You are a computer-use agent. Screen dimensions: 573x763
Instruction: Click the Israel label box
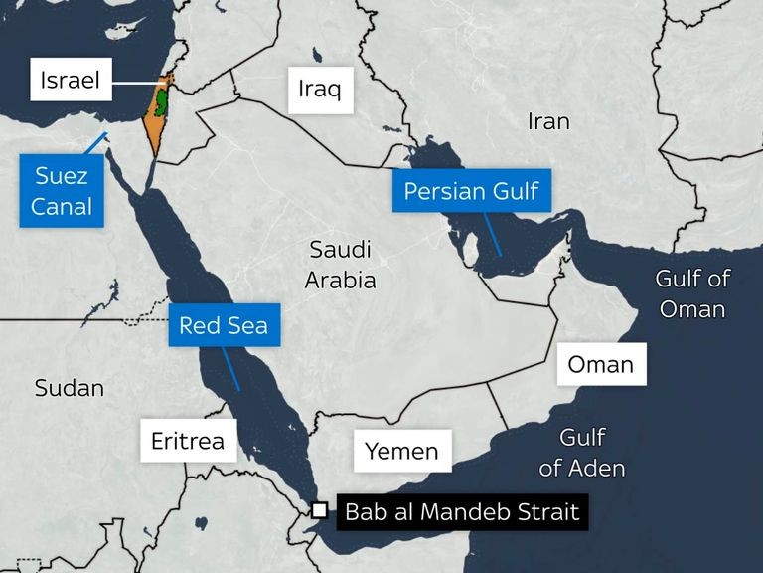tap(71, 79)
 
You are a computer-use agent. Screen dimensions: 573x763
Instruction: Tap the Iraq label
tap(319, 90)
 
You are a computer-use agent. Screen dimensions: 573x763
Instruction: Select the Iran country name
tap(548, 121)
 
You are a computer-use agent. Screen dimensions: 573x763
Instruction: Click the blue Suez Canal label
tap(62, 191)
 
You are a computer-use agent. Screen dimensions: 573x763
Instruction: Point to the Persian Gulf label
tap(471, 190)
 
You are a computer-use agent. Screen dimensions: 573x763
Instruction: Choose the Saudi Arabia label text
tap(341, 265)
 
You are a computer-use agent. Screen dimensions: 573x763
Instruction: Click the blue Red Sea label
tap(224, 325)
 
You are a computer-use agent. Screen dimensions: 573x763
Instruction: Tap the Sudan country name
tap(70, 388)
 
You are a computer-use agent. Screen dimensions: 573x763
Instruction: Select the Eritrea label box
tap(188, 441)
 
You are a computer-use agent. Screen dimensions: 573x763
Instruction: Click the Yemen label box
tap(401, 451)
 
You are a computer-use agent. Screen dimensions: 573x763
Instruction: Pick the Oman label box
tap(601, 364)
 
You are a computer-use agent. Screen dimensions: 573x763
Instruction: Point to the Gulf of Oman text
tap(692, 293)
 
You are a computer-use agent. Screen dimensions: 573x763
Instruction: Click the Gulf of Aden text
tap(582, 452)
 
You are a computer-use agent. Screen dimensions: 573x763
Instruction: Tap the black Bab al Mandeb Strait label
tap(461, 513)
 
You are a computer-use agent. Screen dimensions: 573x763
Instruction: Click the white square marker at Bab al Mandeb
tap(319, 510)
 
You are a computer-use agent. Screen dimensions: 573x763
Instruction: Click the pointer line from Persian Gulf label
tap(491, 234)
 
